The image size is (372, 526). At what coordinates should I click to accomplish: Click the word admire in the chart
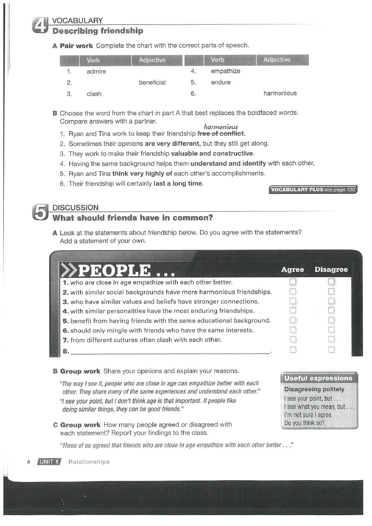point(96,72)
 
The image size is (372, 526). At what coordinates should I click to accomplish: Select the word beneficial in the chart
point(152,82)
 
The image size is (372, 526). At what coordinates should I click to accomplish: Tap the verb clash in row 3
point(94,94)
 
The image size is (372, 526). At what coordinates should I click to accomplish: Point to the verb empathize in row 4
point(225,71)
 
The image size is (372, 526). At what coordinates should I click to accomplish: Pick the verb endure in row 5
point(221,82)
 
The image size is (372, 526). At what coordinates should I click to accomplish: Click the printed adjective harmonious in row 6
point(280,93)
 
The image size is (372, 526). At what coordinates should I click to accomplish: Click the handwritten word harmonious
point(221,127)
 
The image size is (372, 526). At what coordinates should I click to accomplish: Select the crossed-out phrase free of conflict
point(221,134)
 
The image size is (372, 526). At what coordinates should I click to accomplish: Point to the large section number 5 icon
point(40,213)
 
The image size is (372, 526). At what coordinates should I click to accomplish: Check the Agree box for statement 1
point(293,283)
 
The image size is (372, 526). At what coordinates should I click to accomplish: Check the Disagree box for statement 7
point(332,340)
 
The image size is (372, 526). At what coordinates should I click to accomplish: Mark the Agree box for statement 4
point(293,311)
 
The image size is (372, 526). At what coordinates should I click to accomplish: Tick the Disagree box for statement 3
point(332,301)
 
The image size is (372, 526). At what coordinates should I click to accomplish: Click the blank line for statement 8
point(171,352)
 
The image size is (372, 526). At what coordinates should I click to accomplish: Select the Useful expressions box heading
point(318,378)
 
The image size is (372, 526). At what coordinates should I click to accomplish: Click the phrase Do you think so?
point(304,423)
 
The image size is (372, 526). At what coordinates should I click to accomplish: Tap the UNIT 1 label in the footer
point(49,461)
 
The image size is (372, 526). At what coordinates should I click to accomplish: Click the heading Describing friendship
point(97,31)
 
